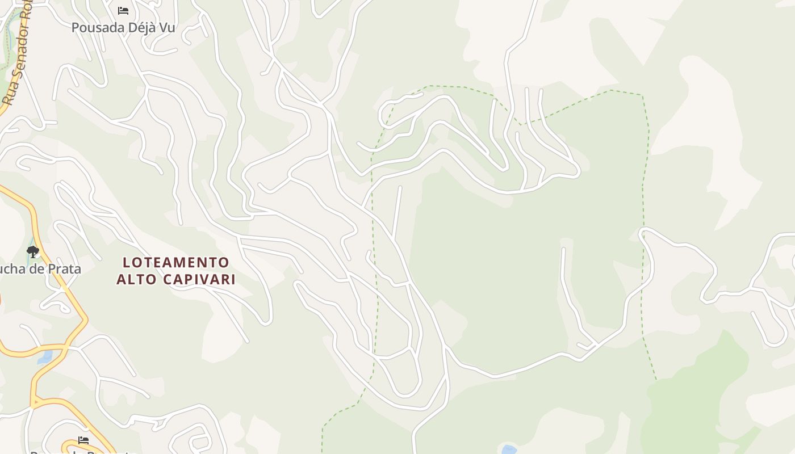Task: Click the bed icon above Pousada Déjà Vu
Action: click(x=123, y=11)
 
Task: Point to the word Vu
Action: click(x=165, y=27)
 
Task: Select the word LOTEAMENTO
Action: click(x=176, y=263)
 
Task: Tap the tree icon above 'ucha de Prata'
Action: click(x=33, y=251)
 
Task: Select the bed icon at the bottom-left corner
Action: click(x=83, y=440)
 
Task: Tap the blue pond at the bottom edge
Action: click(x=508, y=450)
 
